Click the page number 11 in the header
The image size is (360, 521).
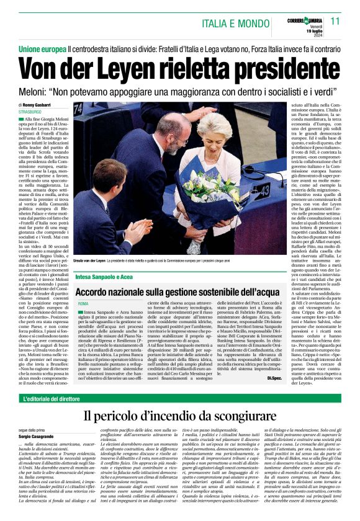(335, 21)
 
